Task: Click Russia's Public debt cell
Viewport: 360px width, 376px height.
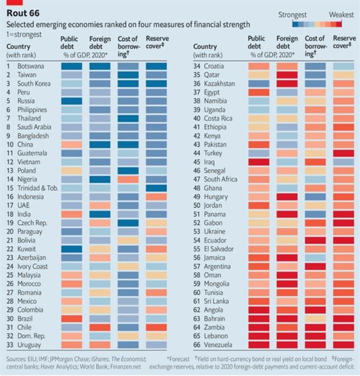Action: point(72,100)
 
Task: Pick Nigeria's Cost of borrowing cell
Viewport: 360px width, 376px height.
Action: point(128,179)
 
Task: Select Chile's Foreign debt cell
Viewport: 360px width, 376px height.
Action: point(100,326)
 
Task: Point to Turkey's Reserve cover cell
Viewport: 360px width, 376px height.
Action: point(344,153)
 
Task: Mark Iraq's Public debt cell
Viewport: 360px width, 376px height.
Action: point(259,161)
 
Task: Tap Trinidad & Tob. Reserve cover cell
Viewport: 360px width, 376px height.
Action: point(156,187)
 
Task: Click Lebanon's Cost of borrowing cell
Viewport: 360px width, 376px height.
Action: point(315,335)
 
